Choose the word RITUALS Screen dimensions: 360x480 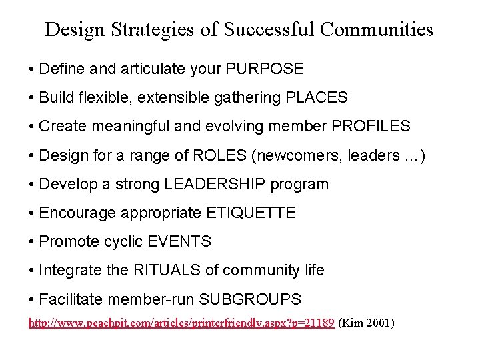pos(176,270)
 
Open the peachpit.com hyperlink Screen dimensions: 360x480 pos(181,323)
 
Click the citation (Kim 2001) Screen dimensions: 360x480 pos(367,323)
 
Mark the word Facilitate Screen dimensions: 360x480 pos(67,299)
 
